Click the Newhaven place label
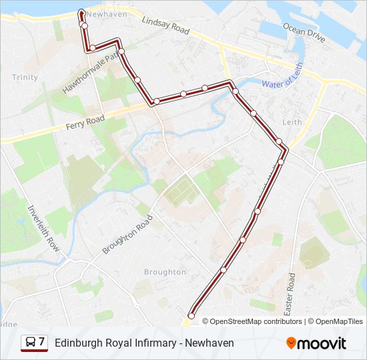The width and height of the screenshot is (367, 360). tap(107, 13)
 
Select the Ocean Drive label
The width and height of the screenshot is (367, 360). tap(304, 31)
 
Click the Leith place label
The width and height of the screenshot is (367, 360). tap(292, 122)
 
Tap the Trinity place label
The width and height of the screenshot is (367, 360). tap(25, 77)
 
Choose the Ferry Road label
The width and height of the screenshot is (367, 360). tap(86, 122)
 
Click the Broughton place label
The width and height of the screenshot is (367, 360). tap(165, 272)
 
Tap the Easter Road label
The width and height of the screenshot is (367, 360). tap(290, 294)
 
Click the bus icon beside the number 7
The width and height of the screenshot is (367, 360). tap(31, 343)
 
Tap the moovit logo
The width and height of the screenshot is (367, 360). tap(316, 343)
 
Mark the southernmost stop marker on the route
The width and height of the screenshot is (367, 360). tap(192, 315)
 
